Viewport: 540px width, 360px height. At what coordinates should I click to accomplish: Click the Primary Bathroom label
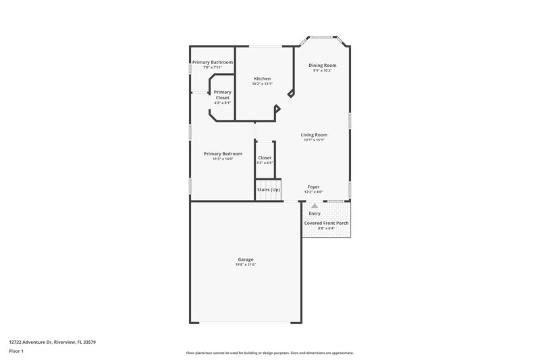coord(212,62)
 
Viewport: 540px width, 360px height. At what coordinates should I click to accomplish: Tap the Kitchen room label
coord(262,79)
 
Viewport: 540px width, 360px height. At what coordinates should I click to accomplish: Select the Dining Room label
coord(323,66)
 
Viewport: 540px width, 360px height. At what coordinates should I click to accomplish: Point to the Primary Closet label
coord(223,95)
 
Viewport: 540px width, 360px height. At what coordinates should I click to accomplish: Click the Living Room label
coord(315,135)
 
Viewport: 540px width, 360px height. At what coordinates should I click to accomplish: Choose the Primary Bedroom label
coord(223,153)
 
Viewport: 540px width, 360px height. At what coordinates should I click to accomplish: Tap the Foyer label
coord(314,186)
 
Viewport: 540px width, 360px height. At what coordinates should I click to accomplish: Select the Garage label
coord(245,259)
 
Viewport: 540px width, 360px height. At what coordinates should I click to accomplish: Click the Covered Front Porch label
coord(327,222)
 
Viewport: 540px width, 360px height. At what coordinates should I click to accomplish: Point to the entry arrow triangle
coord(315,205)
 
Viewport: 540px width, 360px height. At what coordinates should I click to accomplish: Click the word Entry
coord(315,213)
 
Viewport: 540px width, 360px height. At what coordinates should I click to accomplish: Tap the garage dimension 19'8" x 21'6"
coord(245,264)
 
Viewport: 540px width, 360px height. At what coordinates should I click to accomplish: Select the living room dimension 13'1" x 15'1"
coord(315,140)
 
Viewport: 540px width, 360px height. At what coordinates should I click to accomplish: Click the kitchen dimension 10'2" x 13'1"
coord(262,84)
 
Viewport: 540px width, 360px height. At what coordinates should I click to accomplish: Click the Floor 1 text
coord(17,351)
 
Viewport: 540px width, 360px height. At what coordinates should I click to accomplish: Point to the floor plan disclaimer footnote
coord(269,353)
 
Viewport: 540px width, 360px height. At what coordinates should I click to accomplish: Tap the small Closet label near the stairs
coord(265,157)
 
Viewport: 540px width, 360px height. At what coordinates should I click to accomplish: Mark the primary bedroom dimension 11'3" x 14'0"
coord(223,159)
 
